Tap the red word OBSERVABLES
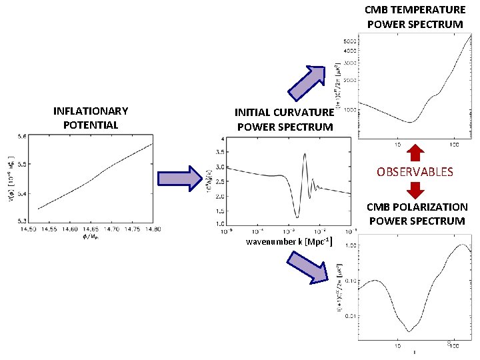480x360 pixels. point(415,172)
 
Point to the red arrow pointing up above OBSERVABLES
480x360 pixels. point(415,152)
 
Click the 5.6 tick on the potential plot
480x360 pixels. point(21,136)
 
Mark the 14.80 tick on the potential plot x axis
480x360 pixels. point(152,229)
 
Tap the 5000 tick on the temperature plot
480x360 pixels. point(351,41)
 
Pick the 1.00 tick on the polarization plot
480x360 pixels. point(351,245)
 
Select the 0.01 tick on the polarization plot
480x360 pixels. point(351,315)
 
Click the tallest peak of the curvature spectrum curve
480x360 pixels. point(304,154)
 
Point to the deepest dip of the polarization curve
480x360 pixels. point(409,331)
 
